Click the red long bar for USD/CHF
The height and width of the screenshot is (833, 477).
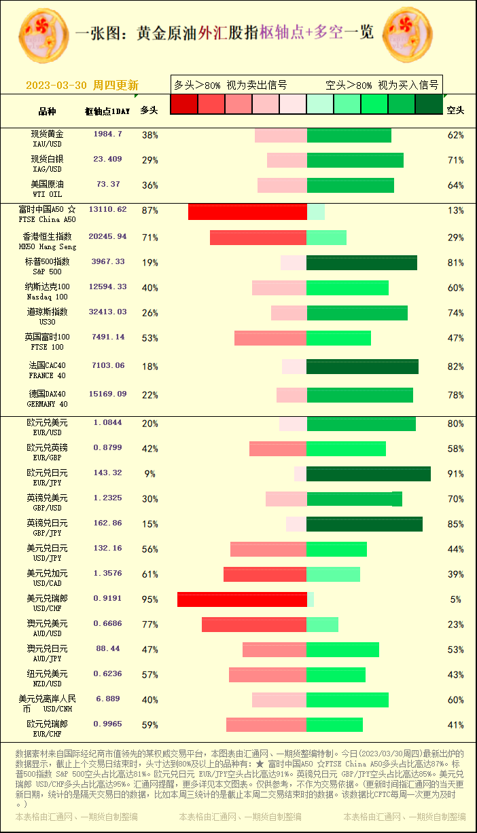point(242,599)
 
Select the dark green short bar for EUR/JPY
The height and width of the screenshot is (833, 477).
point(368,474)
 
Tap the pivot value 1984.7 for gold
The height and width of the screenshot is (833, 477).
point(107,134)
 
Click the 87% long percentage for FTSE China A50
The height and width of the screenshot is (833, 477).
point(149,210)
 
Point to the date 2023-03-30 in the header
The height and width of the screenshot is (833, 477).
point(56,86)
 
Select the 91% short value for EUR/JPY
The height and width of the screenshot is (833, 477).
point(455,474)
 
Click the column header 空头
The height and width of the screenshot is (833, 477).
point(455,110)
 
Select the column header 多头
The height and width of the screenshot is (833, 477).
point(149,110)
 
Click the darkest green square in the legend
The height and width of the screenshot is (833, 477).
point(429,104)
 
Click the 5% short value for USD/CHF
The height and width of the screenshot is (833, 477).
point(455,599)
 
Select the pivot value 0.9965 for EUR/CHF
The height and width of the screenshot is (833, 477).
point(107,724)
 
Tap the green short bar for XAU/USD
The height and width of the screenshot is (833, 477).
point(349,135)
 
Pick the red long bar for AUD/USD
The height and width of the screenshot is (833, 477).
point(254,625)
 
